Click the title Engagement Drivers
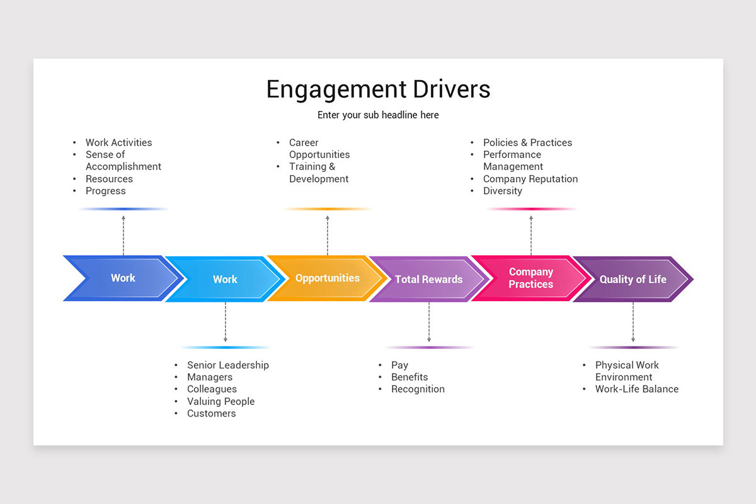(x=378, y=89)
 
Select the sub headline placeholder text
(x=378, y=115)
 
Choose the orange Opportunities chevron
(x=327, y=278)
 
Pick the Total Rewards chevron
(x=428, y=279)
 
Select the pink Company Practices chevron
(x=530, y=278)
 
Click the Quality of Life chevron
(x=633, y=279)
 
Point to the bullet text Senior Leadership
(x=227, y=365)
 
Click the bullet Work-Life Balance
(x=636, y=389)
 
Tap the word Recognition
(x=418, y=389)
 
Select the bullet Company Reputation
(x=530, y=179)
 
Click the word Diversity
(x=502, y=191)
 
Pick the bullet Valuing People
(x=220, y=401)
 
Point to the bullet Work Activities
(x=118, y=143)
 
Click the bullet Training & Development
(x=318, y=173)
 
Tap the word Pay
(x=399, y=365)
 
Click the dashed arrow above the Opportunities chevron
(x=327, y=234)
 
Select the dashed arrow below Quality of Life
(x=633, y=322)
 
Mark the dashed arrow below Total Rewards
(x=428, y=322)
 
